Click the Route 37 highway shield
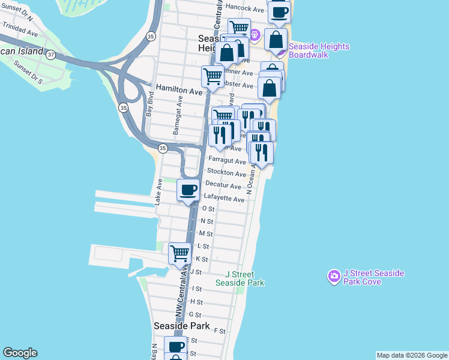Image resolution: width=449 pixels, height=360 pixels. point(52,55)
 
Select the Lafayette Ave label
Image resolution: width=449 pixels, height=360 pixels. point(225,199)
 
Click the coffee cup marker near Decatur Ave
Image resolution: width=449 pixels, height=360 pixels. point(188,190)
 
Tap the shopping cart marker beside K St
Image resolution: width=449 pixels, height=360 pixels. point(179,254)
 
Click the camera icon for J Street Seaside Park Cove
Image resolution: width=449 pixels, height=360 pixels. point(334,277)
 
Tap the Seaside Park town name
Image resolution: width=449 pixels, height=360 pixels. point(181,326)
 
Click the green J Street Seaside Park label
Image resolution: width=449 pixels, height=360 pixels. point(240,278)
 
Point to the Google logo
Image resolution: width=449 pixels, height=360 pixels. point(20,353)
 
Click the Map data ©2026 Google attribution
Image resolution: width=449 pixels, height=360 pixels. point(411,355)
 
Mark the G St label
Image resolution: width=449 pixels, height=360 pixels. point(195,315)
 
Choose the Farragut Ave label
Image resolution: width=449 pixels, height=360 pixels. point(227,161)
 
